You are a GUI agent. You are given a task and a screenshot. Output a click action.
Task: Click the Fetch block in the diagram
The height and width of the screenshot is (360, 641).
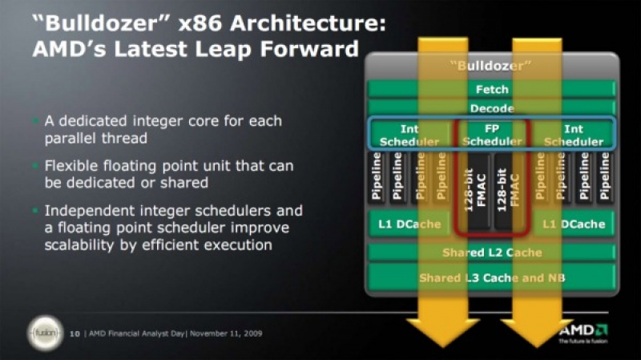(492, 89)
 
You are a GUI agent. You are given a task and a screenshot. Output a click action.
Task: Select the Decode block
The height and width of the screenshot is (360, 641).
(492, 108)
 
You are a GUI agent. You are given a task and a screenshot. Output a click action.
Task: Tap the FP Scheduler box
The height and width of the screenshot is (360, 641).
(492, 135)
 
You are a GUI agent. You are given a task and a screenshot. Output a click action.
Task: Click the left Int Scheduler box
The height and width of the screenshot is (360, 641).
(409, 135)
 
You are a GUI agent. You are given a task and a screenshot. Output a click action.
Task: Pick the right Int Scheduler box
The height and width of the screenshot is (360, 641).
(574, 135)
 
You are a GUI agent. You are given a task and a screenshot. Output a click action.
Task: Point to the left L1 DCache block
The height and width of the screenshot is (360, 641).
(409, 224)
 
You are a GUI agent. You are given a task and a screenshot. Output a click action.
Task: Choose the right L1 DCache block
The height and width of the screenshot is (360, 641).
(574, 224)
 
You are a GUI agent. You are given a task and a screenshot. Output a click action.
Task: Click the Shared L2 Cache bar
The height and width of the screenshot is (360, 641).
(492, 253)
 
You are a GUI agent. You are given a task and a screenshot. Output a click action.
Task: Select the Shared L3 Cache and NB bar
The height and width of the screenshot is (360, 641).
(492, 277)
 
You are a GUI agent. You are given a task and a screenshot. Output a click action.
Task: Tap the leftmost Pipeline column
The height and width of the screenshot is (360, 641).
(377, 176)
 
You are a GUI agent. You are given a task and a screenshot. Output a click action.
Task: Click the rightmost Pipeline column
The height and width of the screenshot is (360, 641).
(605, 176)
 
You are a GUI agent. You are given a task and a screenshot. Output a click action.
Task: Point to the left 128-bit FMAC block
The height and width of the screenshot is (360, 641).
(475, 191)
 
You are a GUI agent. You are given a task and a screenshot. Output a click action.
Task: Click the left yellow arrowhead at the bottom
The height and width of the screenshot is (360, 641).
(443, 331)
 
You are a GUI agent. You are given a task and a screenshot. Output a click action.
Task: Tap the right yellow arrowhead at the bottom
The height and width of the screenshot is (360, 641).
(537, 331)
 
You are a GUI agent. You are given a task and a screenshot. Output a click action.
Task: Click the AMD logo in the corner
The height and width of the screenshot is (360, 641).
(583, 334)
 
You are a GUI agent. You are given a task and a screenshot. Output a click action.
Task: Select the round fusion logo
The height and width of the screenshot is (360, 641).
(46, 334)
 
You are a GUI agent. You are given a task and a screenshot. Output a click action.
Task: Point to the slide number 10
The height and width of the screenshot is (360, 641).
(75, 334)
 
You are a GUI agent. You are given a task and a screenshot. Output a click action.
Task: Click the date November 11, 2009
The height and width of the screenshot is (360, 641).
(226, 334)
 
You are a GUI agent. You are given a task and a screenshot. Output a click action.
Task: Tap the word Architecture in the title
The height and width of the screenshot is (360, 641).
(308, 23)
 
